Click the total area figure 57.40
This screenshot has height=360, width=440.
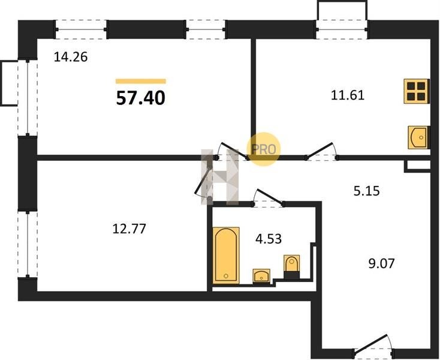[x=141, y=98]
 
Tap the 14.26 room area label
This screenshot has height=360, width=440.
[x=71, y=57]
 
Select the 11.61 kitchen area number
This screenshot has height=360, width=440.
[x=348, y=95]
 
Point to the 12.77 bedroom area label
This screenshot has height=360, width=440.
[x=129, y=229]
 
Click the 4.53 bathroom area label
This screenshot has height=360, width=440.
[x=269, y=239]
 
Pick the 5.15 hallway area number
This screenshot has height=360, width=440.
[x=366, y=191]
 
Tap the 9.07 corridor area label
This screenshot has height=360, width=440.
[x=382, y=263]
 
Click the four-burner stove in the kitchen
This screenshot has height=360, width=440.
[x=417, y=91]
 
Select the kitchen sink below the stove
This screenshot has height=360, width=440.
[x=418, y=137]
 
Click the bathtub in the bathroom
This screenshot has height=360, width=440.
[x=226, y=255]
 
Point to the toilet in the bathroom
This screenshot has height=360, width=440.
[x=291, y=267]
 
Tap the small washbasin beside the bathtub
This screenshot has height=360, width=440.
[x=261, y=276]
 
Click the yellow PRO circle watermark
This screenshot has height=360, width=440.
[x=263, y=149]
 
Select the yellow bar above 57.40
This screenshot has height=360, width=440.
[x=141, y=82]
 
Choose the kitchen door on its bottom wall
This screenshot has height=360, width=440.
[x=322, y=152]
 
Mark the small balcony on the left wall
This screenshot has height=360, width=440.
[x=9, y=83]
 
